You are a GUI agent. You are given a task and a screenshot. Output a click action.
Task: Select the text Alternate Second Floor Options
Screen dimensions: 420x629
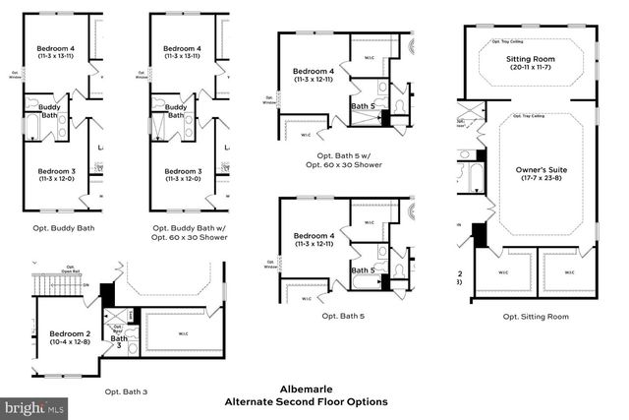(306, 401)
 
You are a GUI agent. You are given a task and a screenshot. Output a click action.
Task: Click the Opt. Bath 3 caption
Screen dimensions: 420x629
(125, 391)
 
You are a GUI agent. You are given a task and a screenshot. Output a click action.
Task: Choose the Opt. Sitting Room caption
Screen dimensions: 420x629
(535, 317)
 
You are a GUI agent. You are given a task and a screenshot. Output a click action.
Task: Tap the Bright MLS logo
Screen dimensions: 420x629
(35, 405)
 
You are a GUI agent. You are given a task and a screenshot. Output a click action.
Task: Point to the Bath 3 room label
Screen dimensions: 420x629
(119, 340)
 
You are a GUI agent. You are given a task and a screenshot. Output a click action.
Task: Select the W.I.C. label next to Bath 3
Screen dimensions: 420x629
(183, 333)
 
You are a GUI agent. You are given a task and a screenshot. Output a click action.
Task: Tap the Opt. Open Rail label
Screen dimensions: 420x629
(71, 270)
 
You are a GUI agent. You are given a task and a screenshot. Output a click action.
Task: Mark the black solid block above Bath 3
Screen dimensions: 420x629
(108, 293)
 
